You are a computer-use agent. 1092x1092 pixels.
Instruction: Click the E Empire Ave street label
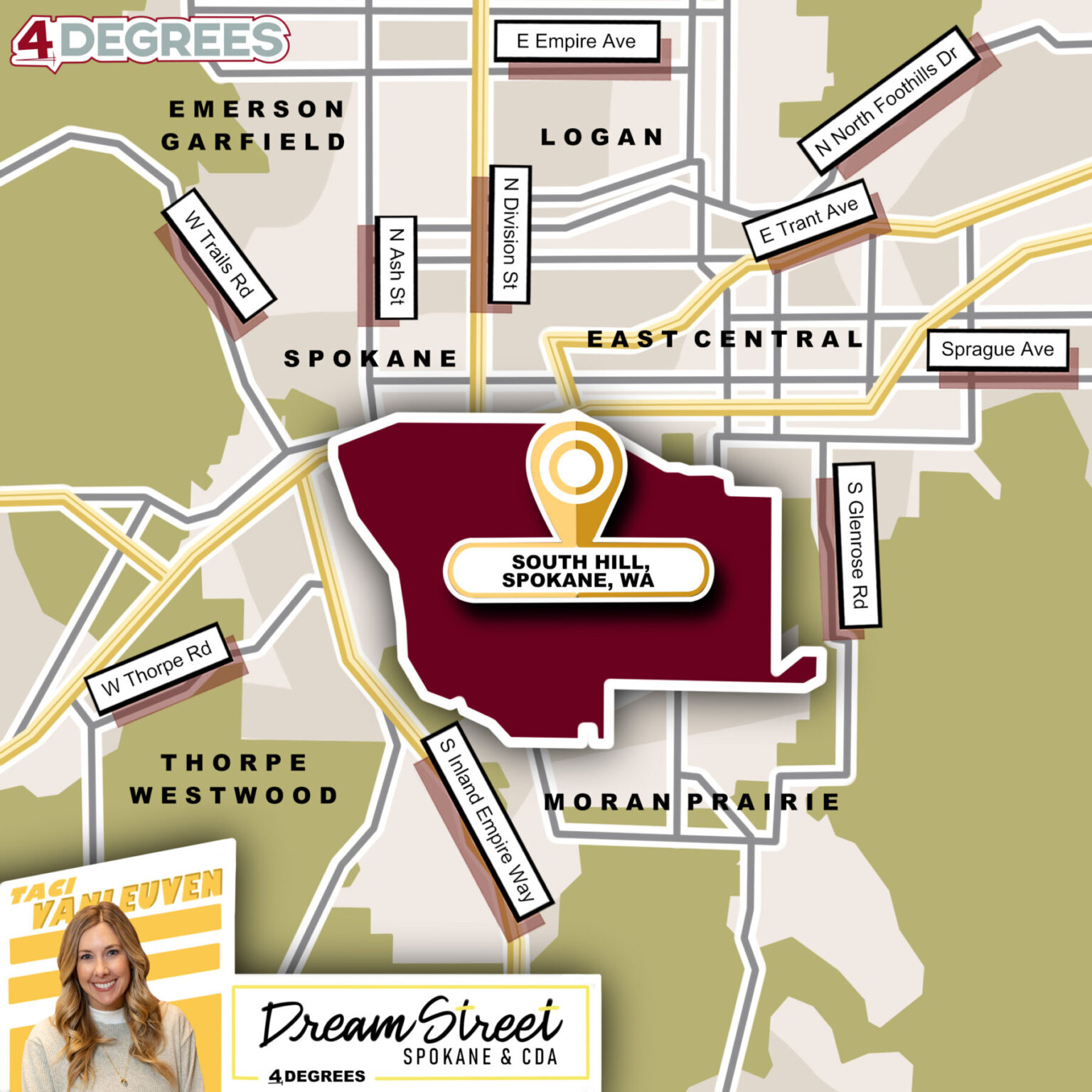(577, 41)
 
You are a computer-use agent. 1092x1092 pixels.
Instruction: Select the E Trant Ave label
(808, 220)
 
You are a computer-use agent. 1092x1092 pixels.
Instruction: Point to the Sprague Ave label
(997, 350)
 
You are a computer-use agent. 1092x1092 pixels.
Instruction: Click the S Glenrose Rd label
(857, 545)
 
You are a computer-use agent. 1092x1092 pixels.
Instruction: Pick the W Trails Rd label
(218, 255)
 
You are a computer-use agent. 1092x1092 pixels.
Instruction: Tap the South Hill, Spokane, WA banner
(577, 571)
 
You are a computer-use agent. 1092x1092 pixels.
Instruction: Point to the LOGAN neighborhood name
(601, 136)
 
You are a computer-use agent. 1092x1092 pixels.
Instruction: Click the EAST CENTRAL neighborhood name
(724, 339)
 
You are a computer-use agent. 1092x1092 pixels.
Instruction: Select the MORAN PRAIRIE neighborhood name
(692, 802)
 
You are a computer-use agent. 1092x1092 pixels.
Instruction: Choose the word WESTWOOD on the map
(233, 795)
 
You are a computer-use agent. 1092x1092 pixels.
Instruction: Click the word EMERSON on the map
(257, 109)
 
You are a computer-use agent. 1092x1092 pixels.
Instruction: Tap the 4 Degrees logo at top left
(150, 41)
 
